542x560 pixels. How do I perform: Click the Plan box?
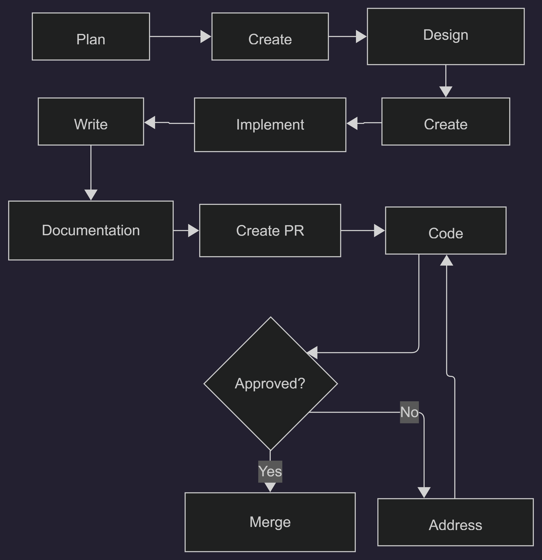(x=91, y=37)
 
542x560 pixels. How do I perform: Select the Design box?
(x=446, y=37)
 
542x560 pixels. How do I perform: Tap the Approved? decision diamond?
(x=270, y=383)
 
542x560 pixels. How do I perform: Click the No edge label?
(x=409, y=412)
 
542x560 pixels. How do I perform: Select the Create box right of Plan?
(x=270, y=37)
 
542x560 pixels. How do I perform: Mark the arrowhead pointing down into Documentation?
(x=91, y=195)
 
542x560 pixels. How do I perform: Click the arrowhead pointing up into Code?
(x=446, y=260)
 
